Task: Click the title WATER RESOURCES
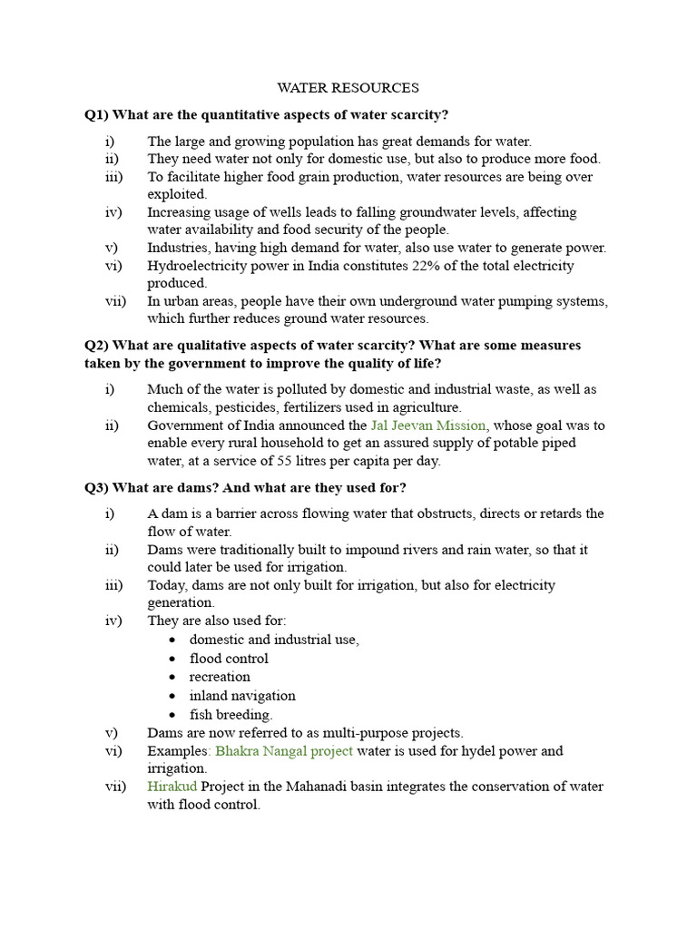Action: [348, 88]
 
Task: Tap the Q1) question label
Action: [97, 114]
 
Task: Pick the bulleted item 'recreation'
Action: [220, 677]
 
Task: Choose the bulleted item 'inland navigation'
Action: [242, 696]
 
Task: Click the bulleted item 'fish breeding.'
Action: [231, 715]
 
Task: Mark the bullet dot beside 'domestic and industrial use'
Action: [172, 641]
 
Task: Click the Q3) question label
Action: [97, 487]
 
